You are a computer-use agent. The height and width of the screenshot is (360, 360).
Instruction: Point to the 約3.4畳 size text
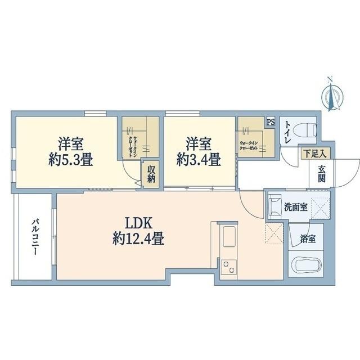[198, 159]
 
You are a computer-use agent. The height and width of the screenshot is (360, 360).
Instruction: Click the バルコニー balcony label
[34, 237]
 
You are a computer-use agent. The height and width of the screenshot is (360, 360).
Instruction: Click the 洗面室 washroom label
[295, 207]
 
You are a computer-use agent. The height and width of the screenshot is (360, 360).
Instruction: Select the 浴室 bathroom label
[307, 238]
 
